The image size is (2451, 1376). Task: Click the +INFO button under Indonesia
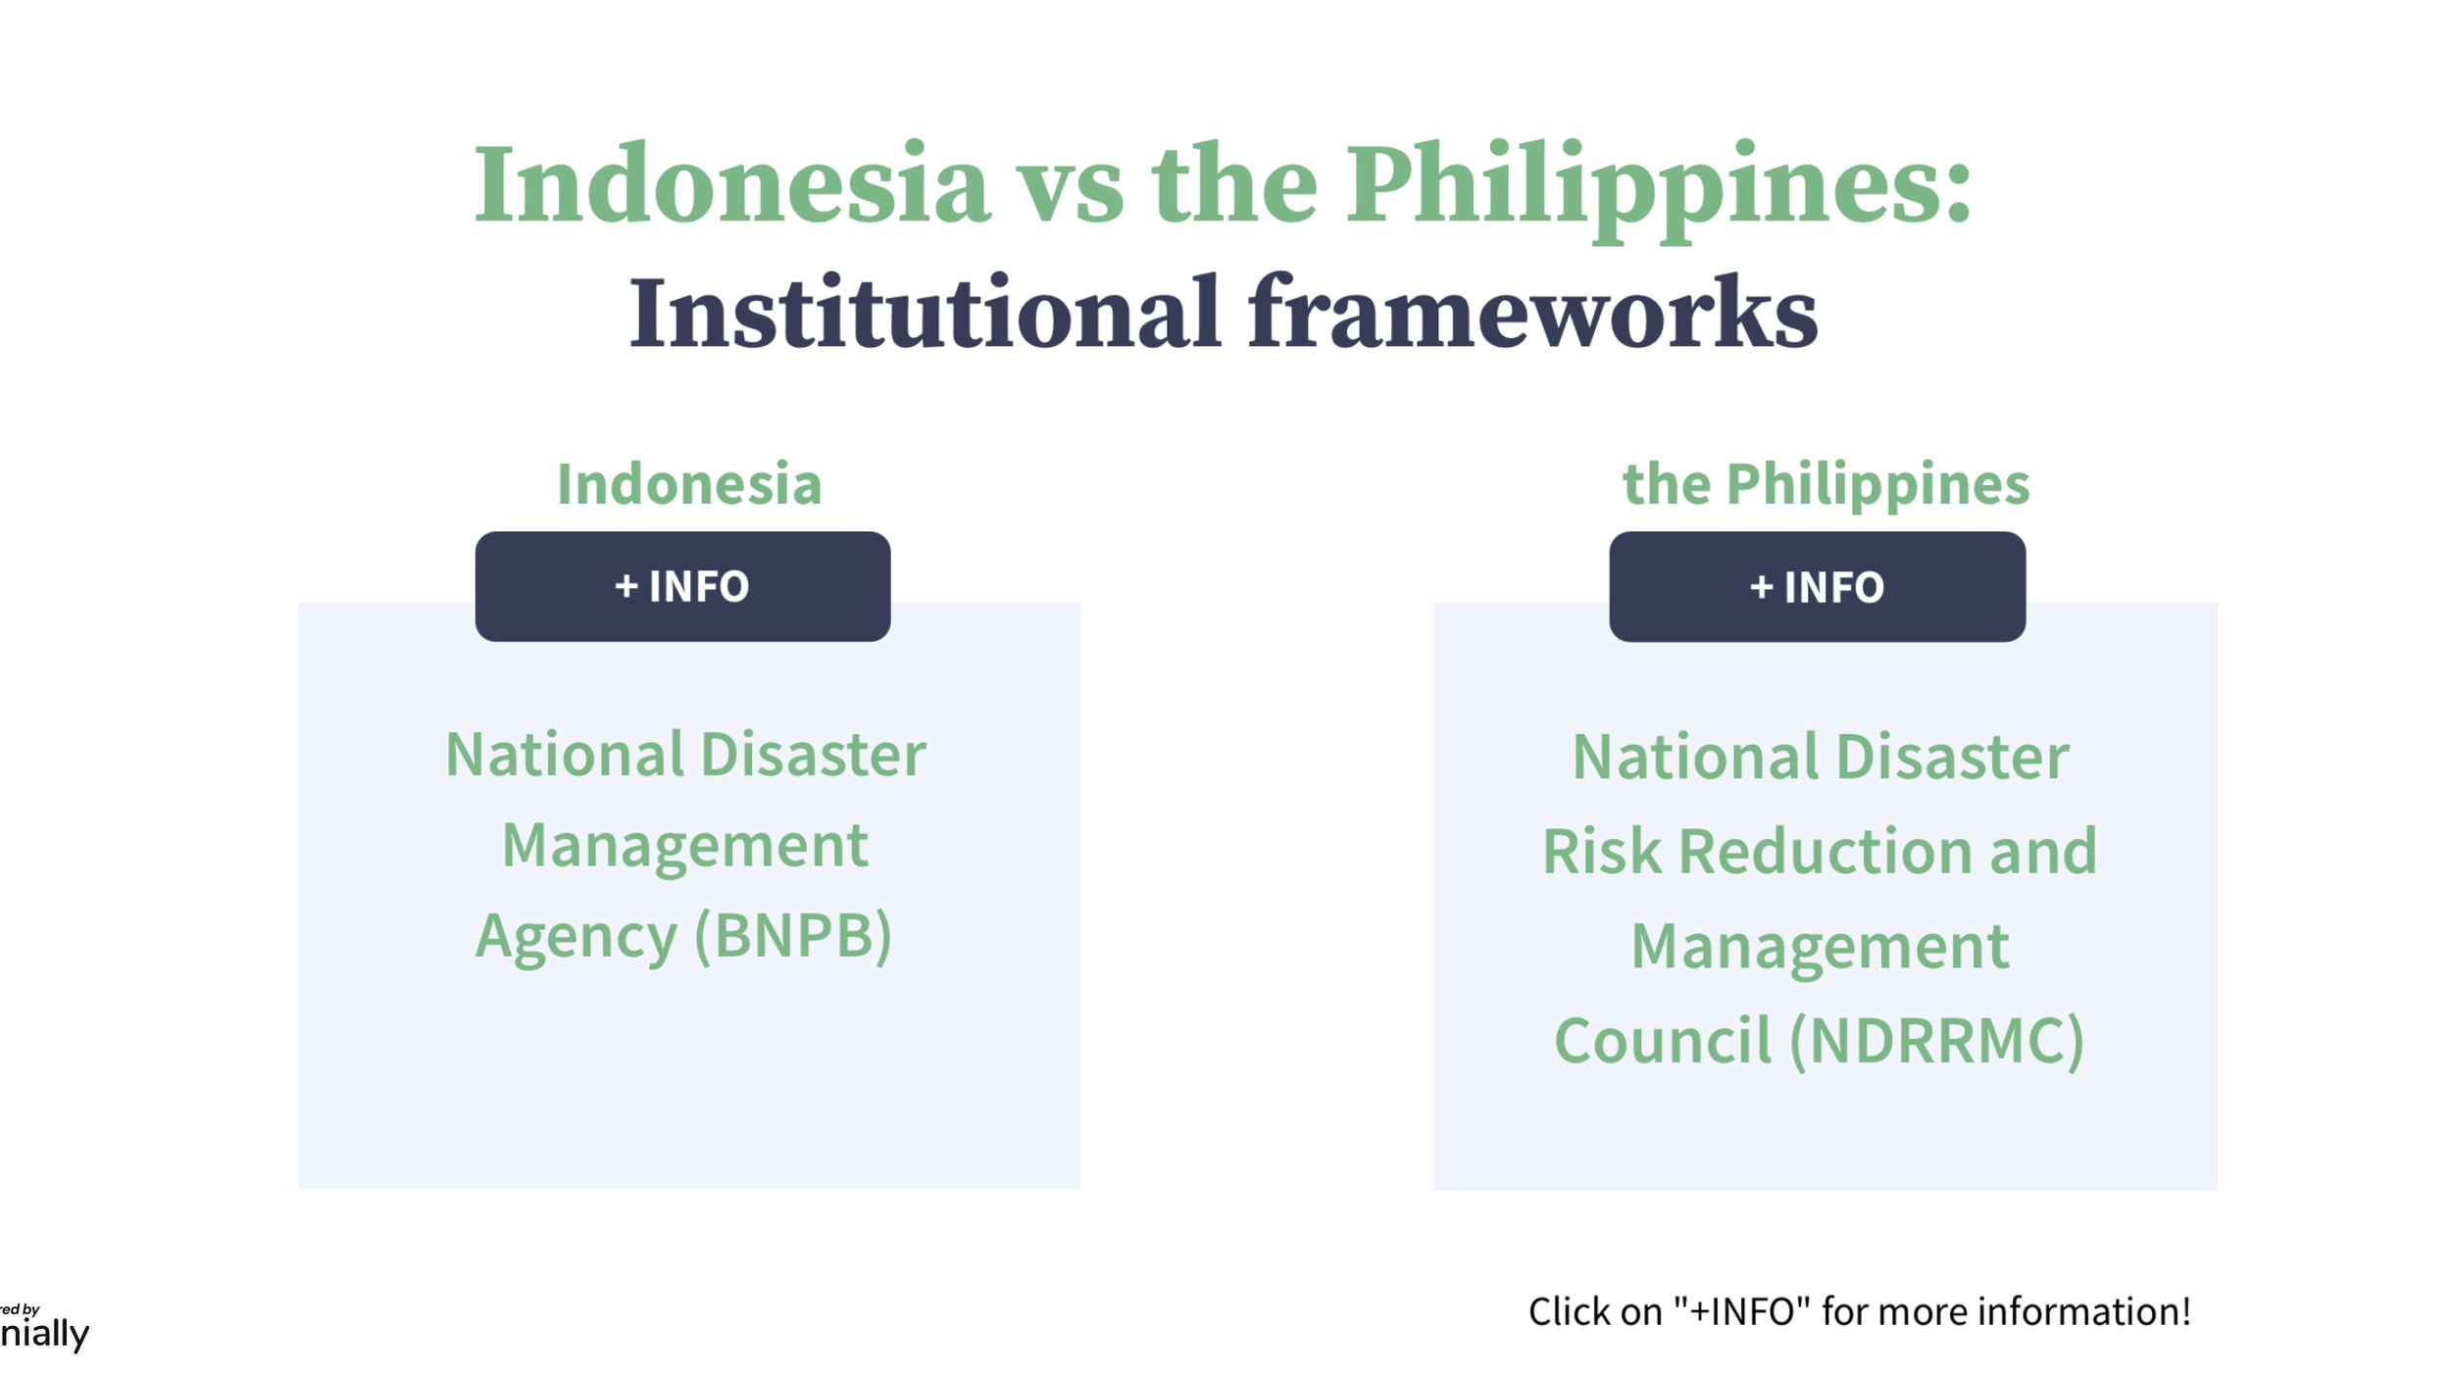(682, 586)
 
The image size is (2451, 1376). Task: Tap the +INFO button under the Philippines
(1817, 586)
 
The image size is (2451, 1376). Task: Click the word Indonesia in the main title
(731, 184)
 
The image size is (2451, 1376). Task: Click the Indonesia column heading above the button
(689, 484)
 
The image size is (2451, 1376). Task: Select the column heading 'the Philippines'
(1826, 484)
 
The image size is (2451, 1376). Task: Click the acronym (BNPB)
(793, 935)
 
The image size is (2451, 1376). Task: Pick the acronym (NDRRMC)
(1937, 1040)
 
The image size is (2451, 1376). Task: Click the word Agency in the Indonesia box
(576, 937)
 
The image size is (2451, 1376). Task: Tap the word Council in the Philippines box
(1663, 1040)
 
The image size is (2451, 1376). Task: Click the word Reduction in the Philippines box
(1826, 851)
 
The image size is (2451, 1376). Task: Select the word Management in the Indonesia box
(684, 845)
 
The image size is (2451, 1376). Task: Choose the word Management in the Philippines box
(1820, 946)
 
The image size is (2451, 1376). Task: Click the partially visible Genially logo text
(44, 1333)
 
